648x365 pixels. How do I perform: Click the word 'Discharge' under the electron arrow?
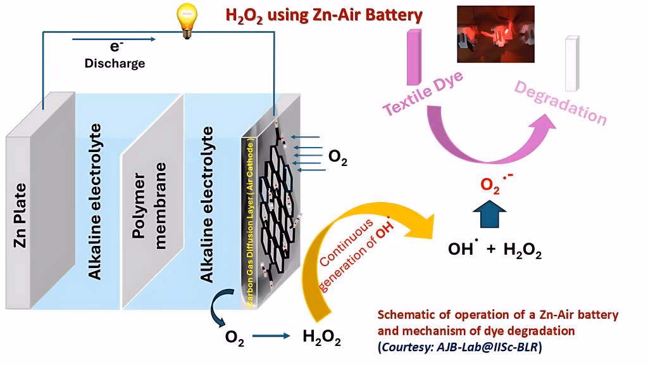115,63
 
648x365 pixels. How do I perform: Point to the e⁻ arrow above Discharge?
115,40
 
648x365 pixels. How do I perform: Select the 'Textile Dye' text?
423,93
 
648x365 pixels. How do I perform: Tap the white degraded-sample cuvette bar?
572,63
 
